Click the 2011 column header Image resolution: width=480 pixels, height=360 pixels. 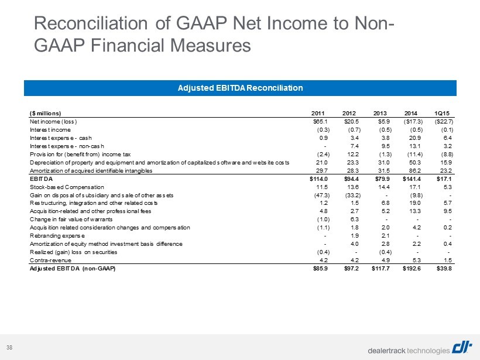318,113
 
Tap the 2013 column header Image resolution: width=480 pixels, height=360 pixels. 380,113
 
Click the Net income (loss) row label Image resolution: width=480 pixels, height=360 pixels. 53,122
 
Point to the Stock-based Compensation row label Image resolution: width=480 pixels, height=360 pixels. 67,187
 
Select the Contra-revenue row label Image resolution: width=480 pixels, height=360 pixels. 50,260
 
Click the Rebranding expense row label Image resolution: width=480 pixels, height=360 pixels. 57,236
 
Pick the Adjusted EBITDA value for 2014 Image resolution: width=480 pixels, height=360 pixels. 412,269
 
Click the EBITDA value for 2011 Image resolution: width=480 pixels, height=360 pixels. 318,179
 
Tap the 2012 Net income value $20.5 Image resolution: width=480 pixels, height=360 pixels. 351,122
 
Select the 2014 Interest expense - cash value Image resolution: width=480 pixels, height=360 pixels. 416,138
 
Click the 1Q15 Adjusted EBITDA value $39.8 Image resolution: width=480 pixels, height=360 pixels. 444,269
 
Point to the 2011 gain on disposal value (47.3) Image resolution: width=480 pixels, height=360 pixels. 320,195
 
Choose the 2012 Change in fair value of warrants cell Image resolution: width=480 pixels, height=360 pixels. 354,220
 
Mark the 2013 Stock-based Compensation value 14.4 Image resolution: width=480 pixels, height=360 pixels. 385,187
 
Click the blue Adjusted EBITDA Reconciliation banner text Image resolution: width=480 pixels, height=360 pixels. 241,88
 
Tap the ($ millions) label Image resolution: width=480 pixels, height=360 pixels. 45,113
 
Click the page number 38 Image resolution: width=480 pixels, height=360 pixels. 10,347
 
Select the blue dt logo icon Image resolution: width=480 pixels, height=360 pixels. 462,348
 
